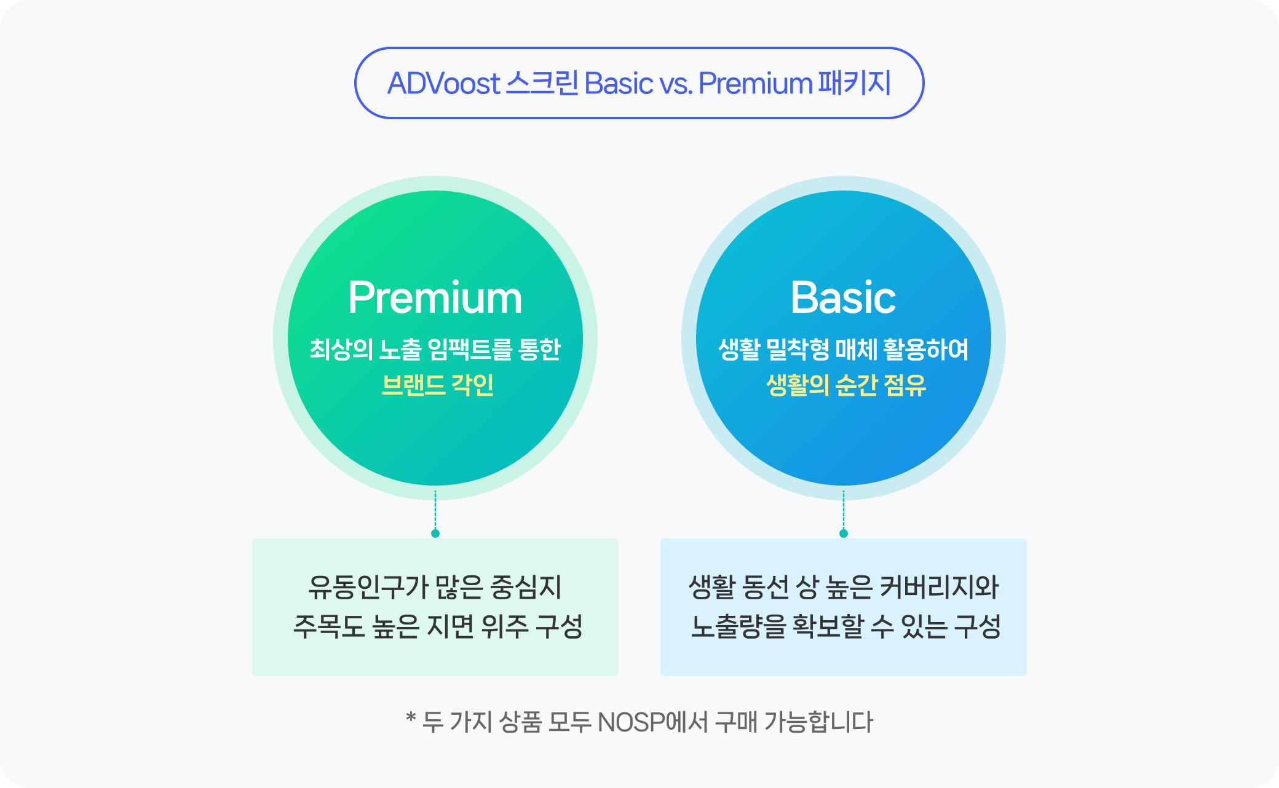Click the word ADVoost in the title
click(x=444, y=84)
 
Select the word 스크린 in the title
click(x=542, y=83)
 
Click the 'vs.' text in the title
click(x=675, y=84)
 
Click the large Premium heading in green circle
click(x=435, y=298)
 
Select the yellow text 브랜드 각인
click(x=437, y=385)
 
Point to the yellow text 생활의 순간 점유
click(x=845, y=385)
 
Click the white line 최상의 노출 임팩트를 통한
click(x=435, y=349)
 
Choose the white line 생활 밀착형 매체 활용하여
click(x=843, y=349)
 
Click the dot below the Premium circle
click(x=435, y=534)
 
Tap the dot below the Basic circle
click(x=844, y=534)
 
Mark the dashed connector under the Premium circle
click(x=435, y=510)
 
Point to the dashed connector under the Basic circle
click(x=844, y=510)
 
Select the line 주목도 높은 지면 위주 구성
click(x=437, y=626)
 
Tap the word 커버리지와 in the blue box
click(x=939, y=587)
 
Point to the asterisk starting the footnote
click(x=411, y=717)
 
